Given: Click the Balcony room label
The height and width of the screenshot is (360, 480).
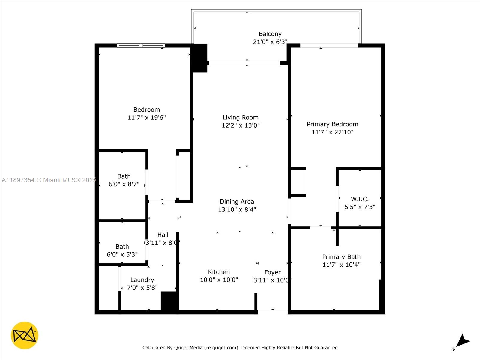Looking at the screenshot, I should [x=270, y=34].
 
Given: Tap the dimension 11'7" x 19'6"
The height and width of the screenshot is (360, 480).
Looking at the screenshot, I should [x=147, y=118].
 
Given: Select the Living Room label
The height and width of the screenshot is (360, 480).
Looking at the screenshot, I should [x=240, y=117].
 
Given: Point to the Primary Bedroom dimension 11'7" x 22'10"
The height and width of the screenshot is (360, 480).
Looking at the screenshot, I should [x=332, y=132].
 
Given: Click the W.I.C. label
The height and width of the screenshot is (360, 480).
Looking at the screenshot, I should [x=360, y=199].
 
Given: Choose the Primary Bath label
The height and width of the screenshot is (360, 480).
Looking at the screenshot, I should [x=341, y=257].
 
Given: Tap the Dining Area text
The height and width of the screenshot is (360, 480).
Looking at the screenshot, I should [x=237, y=202].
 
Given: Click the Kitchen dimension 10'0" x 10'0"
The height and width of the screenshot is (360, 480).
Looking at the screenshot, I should [x=219, y=280].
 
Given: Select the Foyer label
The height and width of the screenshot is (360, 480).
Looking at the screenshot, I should [x=272, y=272].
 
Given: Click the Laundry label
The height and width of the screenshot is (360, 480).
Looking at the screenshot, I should [x=142, y=280].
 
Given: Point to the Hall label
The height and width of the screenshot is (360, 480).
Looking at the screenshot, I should [x=163, y=235].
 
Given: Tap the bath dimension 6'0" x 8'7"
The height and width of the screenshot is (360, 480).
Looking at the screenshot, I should [x=124, y=184].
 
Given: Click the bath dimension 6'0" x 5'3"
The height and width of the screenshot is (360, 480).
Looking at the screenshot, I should [x=122, y=255].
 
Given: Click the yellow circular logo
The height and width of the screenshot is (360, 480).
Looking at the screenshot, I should [x=25, y=335].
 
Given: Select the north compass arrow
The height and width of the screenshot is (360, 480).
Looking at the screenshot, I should [x=463, y=341].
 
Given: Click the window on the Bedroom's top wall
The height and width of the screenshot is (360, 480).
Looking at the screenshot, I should [x=141, y=46].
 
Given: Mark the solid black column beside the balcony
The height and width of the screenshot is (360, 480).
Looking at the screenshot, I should [x=199, y=58].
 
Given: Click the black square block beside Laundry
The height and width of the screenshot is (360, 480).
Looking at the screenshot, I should [x=169, y=301].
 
